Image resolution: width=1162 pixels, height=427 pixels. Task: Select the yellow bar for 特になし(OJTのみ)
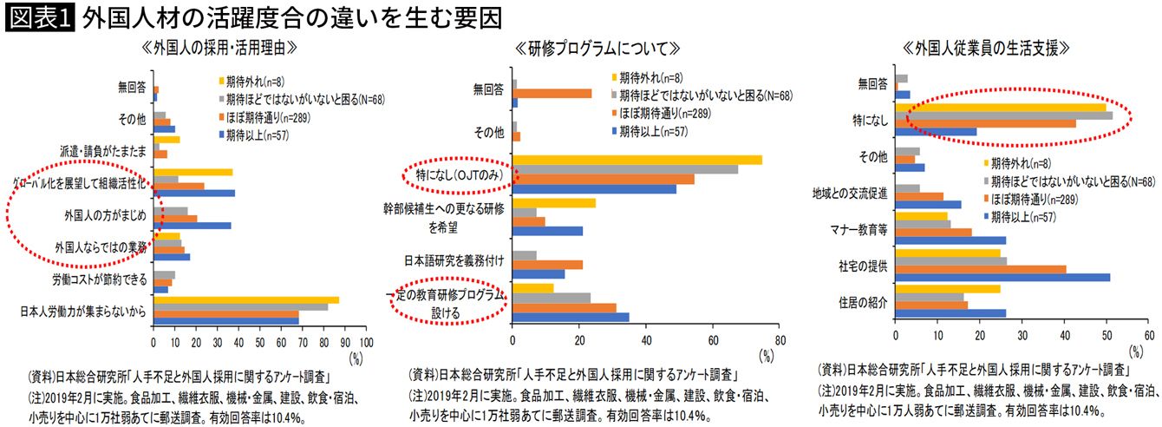click(x=637, y=159)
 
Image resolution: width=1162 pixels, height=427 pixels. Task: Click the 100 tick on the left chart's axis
click(x=366, y=341)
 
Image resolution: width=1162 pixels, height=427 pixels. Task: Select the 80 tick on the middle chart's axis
click(x=780, y=341)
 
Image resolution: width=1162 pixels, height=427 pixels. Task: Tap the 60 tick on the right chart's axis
click(x=1149, y=334)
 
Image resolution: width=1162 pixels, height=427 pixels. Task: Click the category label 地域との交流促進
click(x=850, y=194)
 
